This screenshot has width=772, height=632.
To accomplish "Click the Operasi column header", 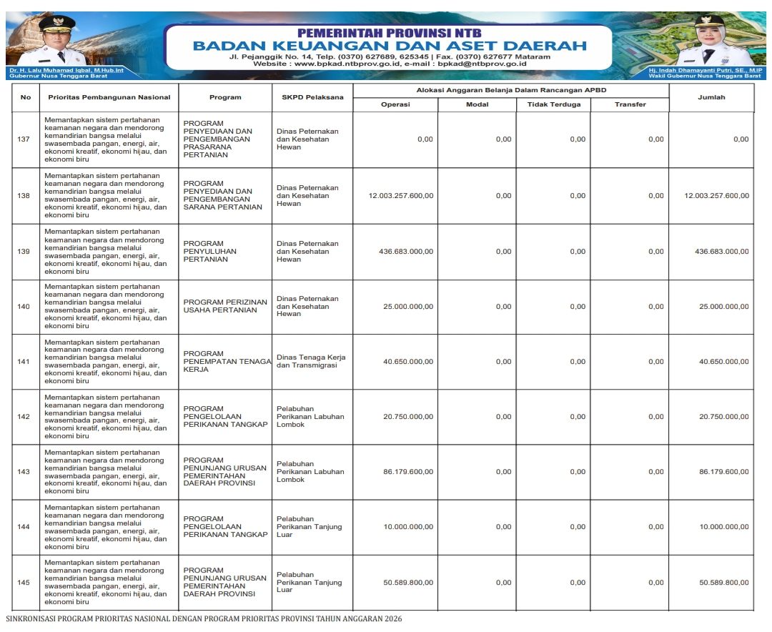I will tap(395, 104).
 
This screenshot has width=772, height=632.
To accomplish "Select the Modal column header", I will tap(477, 104).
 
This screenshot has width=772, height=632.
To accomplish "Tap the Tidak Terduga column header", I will tap(554, 104).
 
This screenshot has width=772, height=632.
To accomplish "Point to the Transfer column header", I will tap(630, 104).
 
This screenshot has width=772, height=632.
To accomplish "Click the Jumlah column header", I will tap(711, 97).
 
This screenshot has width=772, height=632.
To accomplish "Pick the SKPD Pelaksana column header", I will tap(312, 97).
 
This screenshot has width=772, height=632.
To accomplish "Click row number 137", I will tap(24, 139).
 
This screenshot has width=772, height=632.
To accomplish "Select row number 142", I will tap(24, 417).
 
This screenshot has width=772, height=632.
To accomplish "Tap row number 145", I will tap(24, 583).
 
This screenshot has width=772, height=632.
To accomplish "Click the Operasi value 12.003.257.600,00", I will tap(400, 196).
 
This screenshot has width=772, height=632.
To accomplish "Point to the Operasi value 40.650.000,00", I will tap(407, 362).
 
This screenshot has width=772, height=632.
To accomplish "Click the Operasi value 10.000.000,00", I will tap(407, 527).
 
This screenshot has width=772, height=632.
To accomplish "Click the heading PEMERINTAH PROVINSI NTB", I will tap(389, 33).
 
